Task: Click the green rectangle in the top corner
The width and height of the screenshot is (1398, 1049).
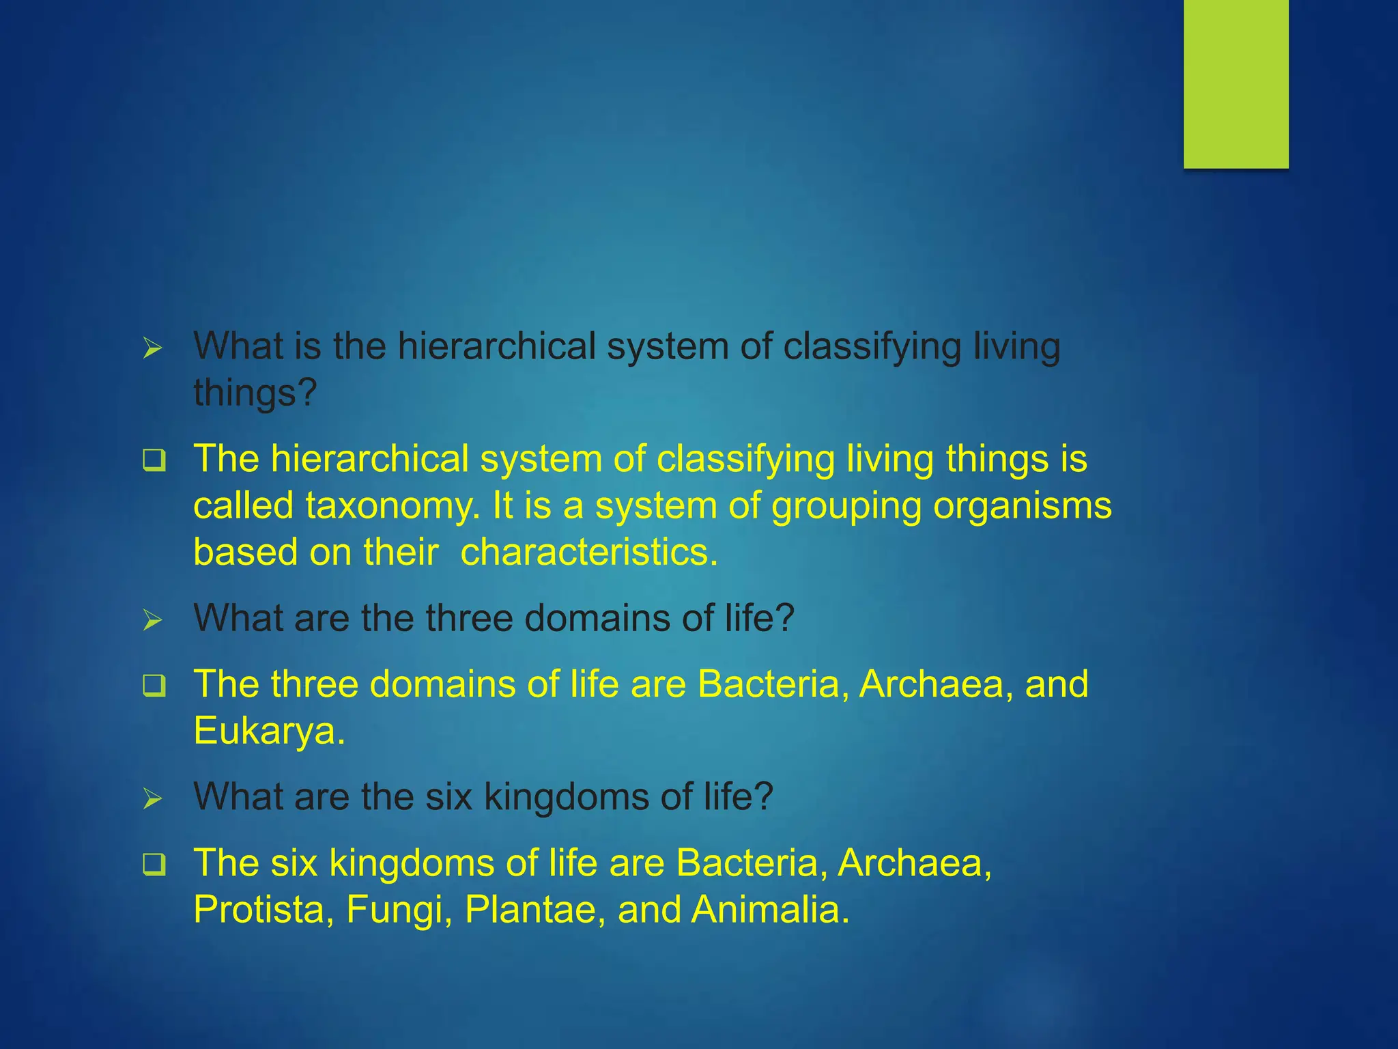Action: [x=1236, y=83]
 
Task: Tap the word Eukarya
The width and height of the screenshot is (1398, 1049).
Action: [x=268, y=731]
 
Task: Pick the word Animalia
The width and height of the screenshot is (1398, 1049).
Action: [x=770, y=910]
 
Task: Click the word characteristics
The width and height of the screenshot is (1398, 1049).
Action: [x=588, y=552]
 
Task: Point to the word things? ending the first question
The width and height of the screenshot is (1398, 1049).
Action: [x=255, y=394]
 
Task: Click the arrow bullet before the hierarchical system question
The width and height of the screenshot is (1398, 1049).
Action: [x=153, y=349]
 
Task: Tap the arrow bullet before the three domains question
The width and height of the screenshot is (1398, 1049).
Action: [x=153, y=620]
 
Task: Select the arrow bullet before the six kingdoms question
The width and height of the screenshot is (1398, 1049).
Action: [x=153, y=798]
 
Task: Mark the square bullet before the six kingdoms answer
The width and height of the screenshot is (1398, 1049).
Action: [x=154, y=865]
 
